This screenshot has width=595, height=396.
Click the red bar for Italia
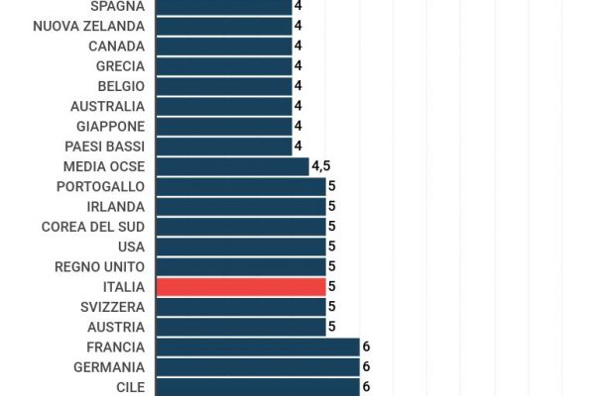pos(241,287)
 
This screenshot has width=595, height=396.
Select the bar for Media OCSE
pos(232,166)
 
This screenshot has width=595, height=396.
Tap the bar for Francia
pos(258,346)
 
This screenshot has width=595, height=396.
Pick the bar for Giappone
pos(224,126)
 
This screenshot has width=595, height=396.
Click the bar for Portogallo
pos(241,186)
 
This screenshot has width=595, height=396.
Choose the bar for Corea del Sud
pos(241,227)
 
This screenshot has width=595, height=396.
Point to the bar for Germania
pos(258,366)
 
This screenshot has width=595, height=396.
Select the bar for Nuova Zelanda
pos(224,26)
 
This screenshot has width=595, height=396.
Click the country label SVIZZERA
pos(112,307)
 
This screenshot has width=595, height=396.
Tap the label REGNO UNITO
pos(99,266)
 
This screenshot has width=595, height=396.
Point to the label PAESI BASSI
pos(103,147)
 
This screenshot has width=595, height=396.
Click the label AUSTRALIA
pos(107,106)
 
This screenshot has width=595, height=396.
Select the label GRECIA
pos(120,66)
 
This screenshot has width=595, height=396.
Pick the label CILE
pos(130,387)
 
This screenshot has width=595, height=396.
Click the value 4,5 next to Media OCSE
pos(321,166)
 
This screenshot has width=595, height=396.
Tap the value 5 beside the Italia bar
pos(332,287)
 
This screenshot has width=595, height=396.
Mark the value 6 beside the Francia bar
pos(366,346)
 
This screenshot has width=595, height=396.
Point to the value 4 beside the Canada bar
pos(297,46)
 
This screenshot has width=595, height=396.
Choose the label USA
pos(131,247)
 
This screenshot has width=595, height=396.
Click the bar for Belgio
pos(224,86)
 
